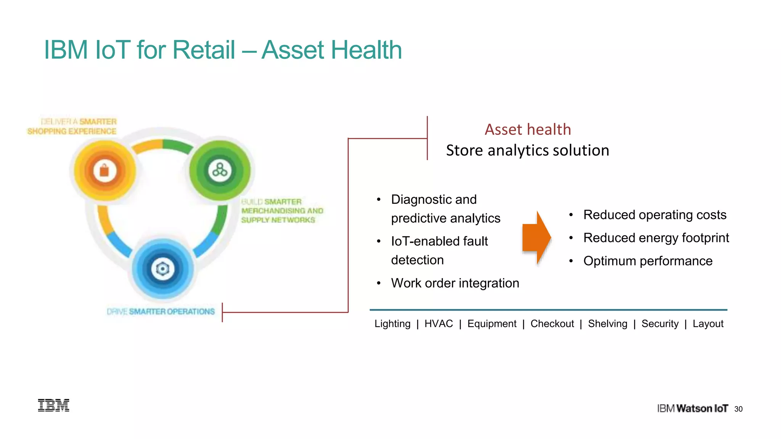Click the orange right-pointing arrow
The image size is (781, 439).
tap(536, 238)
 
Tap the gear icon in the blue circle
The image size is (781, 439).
tap(163, 269)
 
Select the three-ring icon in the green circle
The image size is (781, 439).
tap(220, 170)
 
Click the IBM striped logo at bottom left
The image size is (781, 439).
tap(54, 405)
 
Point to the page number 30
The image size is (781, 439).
tap(738, 409)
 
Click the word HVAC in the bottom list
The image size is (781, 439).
tap(439, 324)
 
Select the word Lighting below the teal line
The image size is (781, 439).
tap(392, 324)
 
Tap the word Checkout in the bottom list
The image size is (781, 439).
tap(552, 324)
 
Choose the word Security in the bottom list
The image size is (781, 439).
tap(660, 324)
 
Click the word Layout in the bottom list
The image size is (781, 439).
tap(708, 324)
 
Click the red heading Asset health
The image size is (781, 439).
tap(528, 130)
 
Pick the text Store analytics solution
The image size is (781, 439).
tap(528, 150)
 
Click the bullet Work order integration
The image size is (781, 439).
tap(455, 283)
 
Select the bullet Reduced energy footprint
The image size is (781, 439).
tap(656, 238)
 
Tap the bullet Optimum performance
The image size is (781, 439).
tap(648, 261)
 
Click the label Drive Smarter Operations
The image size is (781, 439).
tap(161, 312)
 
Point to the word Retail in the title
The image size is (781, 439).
tap(204, 50)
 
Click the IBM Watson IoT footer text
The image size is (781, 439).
tap(693, 409)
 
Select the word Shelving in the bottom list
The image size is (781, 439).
tap(607, 324)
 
